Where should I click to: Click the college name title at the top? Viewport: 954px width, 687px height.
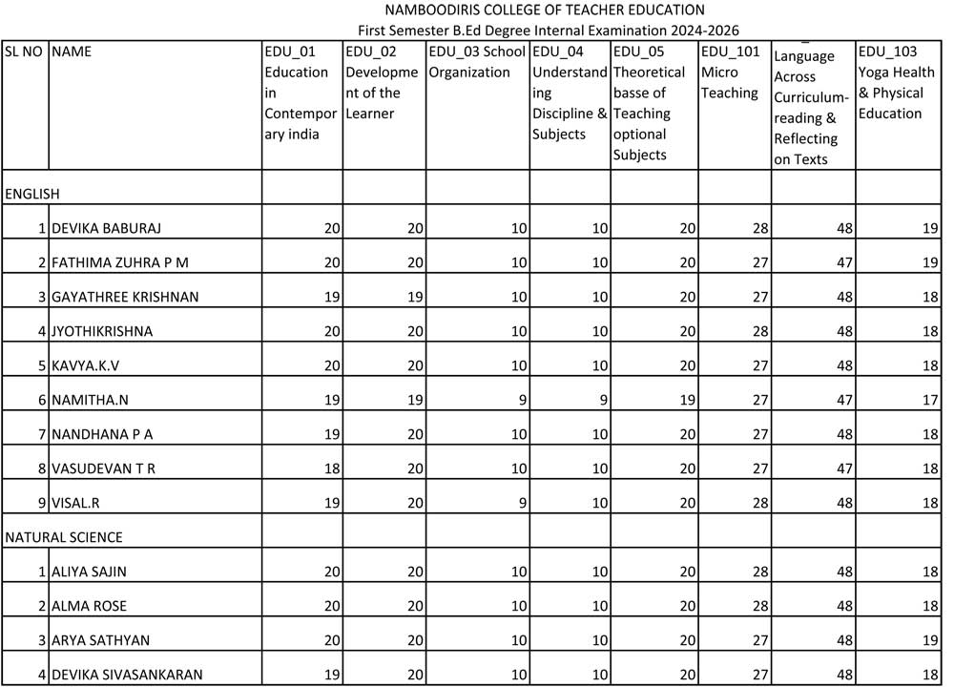545,10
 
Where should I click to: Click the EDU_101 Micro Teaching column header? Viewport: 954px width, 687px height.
731,73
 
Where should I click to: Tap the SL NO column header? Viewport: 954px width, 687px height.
24,52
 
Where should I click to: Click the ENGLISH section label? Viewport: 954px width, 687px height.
32,194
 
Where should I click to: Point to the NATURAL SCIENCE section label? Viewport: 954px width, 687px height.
64,537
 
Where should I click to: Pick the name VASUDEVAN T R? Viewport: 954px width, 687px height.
103,468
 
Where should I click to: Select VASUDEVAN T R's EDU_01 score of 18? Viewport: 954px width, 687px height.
332,468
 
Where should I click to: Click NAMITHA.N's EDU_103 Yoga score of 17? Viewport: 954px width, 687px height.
928,400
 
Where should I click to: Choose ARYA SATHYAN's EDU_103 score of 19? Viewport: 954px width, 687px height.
928,640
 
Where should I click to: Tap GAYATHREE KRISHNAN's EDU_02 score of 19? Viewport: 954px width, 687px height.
414,297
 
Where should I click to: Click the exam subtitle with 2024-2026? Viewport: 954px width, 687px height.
549,31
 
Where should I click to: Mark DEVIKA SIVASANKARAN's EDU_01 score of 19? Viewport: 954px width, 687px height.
332,675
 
